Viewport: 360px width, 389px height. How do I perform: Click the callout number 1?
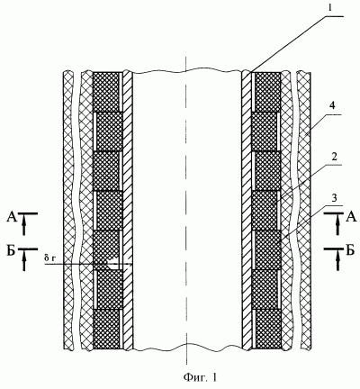[330, 8]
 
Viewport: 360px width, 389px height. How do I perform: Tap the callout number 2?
[334, 158]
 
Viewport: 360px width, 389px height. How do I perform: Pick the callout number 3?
[335, 198]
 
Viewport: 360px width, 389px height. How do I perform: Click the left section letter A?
[12, 217]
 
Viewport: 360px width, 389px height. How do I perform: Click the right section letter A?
[351, 217]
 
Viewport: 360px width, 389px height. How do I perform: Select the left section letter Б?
[11, 251]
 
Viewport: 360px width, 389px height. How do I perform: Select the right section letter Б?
[350, 250]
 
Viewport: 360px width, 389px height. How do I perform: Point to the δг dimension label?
[49, 258]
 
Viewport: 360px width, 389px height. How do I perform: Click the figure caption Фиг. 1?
[200, 377]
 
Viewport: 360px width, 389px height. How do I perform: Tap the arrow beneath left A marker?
[24, 226]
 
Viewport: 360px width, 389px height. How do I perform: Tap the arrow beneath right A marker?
[337, 226]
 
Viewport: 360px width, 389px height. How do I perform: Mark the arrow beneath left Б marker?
[24, 261]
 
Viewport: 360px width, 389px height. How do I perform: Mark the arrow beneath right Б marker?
[337, 261]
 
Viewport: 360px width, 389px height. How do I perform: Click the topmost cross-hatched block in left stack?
[106, 92]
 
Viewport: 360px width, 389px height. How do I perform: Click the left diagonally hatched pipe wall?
[129, 210]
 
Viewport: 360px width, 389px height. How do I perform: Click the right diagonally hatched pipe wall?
[247, 210]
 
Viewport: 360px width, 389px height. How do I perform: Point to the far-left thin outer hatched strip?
[68, 210]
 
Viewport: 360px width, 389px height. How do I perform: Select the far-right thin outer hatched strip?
[303, 210]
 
